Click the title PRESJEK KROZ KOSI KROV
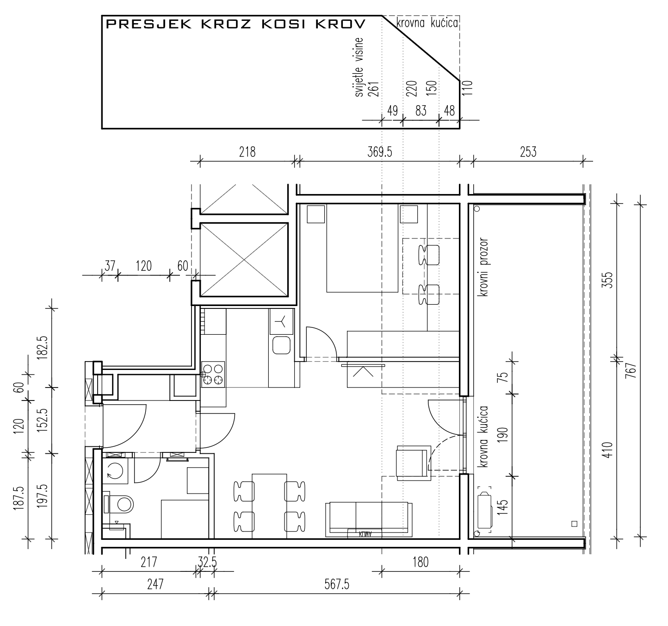236,24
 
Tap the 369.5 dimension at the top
380,152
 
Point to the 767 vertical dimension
631,370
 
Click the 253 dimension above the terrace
528,152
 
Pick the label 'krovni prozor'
483,267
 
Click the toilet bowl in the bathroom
121,504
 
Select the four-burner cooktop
213,375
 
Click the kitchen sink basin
281,345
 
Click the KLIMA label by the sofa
365,534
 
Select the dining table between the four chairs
269,507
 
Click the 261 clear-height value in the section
374,89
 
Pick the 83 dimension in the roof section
421,111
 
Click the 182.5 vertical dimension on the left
43,348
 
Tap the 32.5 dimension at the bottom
207,562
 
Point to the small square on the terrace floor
575,524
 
